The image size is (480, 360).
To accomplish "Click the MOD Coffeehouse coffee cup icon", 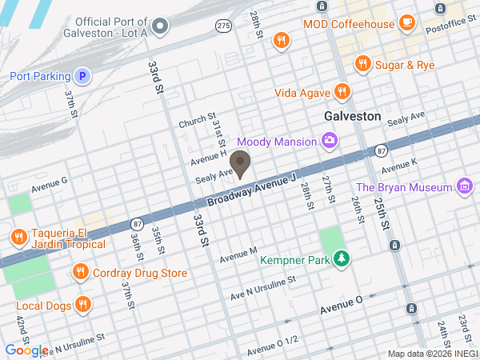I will click(x=407, y=23).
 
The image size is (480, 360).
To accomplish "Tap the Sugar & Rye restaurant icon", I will click(x=362, y=63).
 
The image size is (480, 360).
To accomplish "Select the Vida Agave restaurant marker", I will click(x=342, y=92).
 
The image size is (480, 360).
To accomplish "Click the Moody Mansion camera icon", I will click(x=329, y=142).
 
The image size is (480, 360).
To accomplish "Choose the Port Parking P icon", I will click(x=81, y=77).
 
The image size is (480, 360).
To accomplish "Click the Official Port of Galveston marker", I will click(x=159, y=27).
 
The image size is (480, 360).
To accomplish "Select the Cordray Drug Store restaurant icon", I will click(x=80, y=274).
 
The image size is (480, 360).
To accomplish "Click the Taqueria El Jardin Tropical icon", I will click(x=18, y=237).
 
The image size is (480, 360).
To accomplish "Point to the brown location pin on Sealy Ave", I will click(x=244, y=165).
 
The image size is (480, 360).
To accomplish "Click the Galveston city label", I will click(x=352, y=116).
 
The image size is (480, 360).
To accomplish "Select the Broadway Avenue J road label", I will click(x=253, y=190).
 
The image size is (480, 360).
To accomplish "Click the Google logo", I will click(x=26, y=350).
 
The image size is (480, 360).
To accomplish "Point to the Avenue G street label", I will click(x=50, y=184).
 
